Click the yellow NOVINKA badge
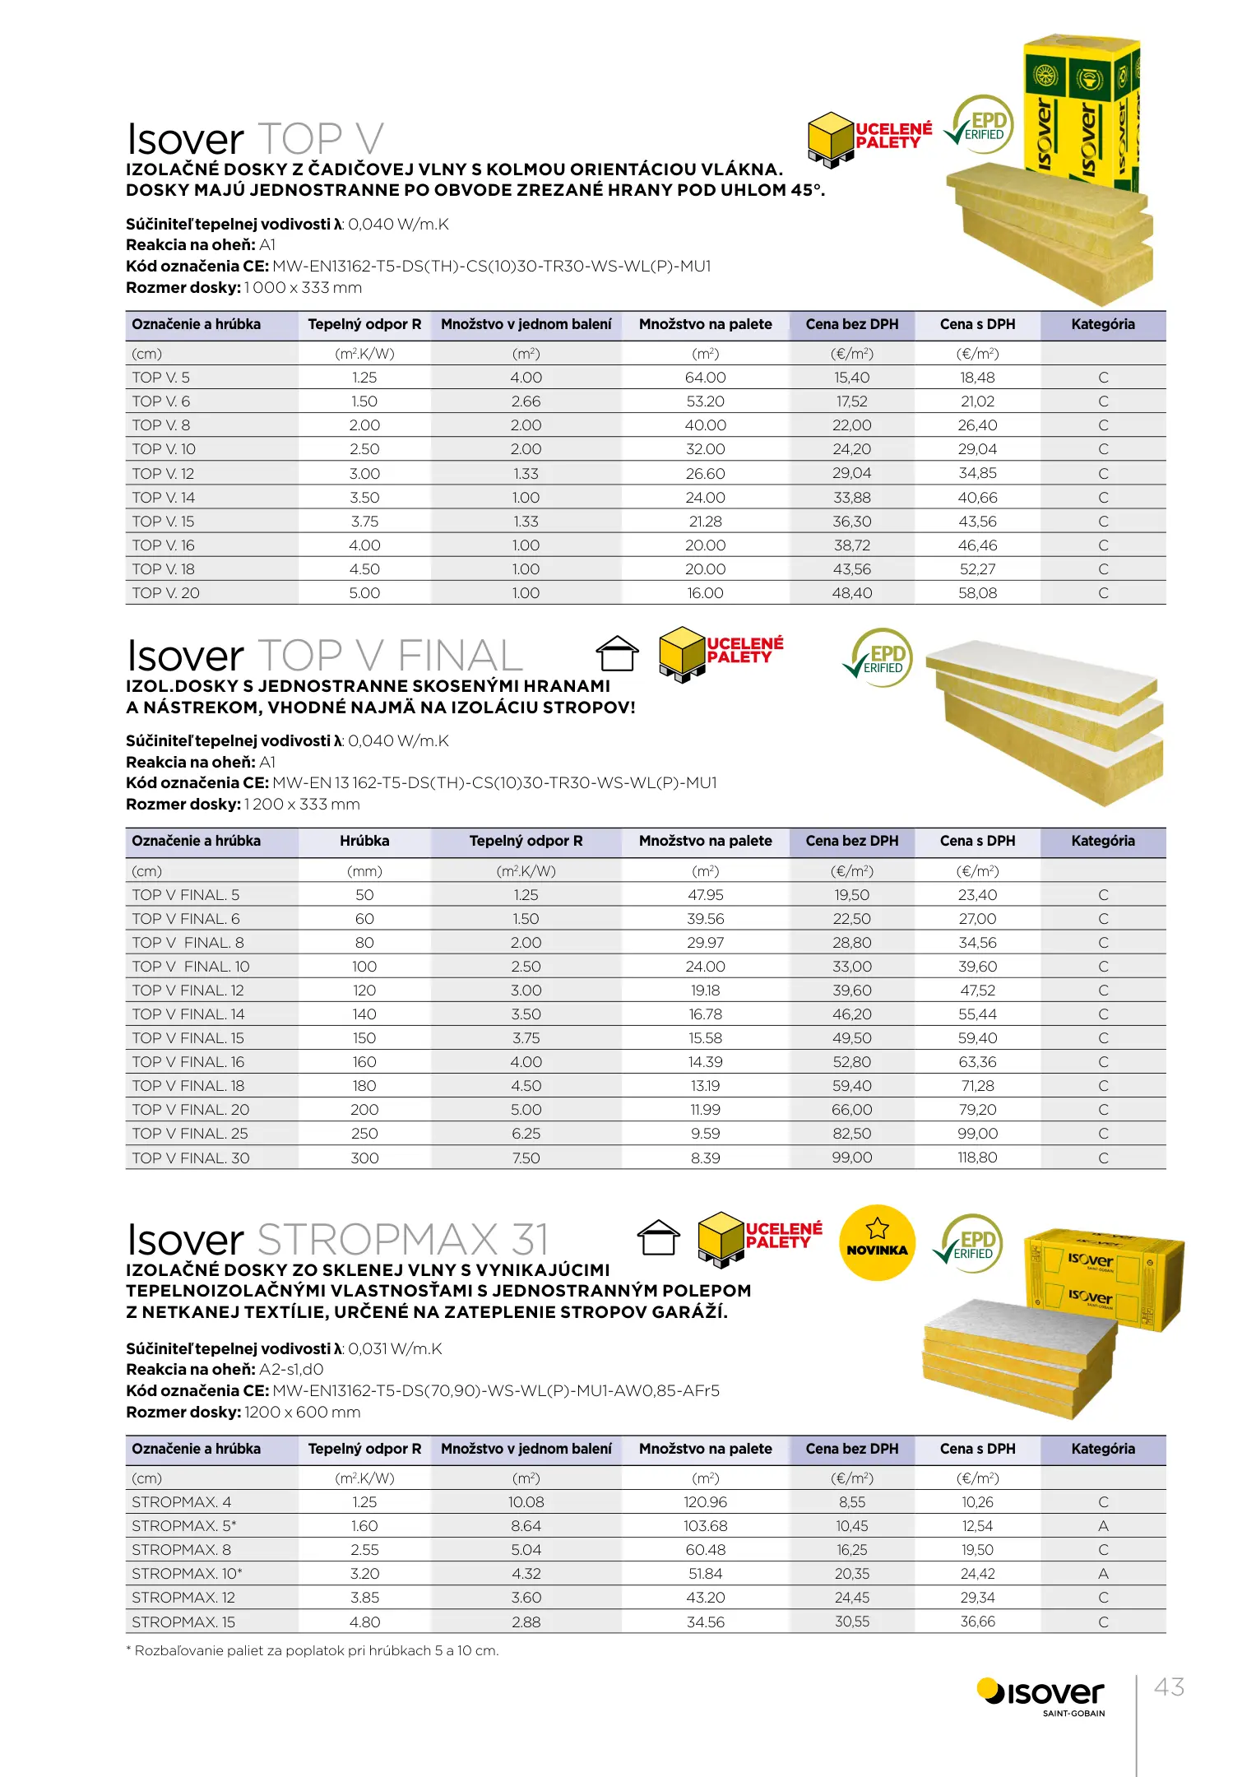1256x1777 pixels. [877, 1242]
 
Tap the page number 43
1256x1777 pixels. [1169, 1687]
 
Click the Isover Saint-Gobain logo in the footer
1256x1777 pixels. [1041, 1696]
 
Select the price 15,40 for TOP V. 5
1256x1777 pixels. [851, 378]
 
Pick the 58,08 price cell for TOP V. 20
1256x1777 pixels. [977, 593]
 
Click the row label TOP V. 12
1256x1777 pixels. [163, 474]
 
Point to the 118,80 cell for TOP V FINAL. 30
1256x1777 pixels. [977, 1158]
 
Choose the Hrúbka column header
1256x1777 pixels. [364, 841]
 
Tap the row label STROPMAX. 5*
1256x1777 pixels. [184, 1526]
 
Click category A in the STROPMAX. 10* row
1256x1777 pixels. [1103, 1574]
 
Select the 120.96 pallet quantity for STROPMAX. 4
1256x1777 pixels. [705, 1502]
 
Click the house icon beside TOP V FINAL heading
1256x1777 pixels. [617, 655]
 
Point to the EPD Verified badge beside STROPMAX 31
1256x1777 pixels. [970, 1244]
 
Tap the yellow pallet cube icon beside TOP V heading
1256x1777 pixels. [831, 139]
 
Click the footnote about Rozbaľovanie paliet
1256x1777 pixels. [313, 1651]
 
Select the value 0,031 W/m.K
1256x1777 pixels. [395, 1349]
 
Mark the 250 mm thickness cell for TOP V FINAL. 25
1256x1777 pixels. [364, 1134]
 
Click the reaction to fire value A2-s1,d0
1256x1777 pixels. [291, 1370]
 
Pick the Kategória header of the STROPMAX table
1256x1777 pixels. [1103, 1449]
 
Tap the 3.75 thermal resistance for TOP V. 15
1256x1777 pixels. [364, 522]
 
